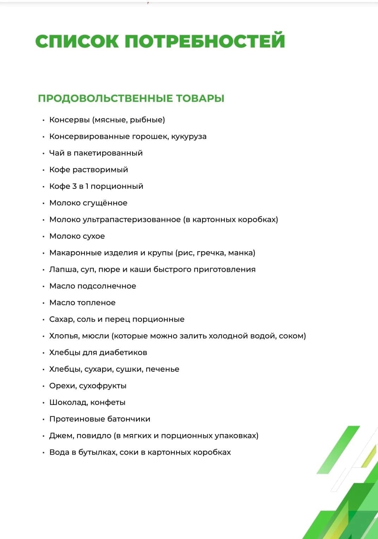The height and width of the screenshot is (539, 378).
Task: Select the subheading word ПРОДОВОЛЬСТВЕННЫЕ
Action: pyautogui.click(x=105, y=98)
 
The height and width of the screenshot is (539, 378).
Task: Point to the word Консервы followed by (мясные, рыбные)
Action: pyautogui.click(x=69, y=120)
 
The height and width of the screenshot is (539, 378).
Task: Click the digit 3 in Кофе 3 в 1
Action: pyautogui.click(x=74, y=186)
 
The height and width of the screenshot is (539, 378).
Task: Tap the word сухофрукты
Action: pyautogui.click(x=103, y=386)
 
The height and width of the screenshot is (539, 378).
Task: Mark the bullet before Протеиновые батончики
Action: pyautogui.click(x=44, y=420)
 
